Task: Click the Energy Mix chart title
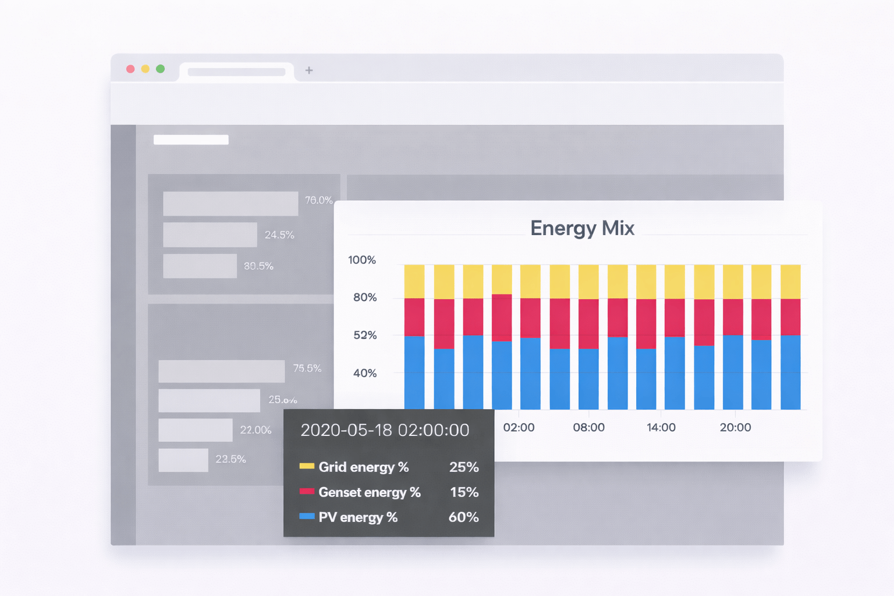pos(582,228)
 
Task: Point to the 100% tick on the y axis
pos(362,260)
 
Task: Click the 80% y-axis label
pos(365,297)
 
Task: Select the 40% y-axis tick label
pos(365,373)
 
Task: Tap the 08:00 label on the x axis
pos(588,427)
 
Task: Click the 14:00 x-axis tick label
pos(661,427)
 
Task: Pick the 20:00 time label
pos(735,427)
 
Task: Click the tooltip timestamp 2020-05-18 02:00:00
pos(385,430)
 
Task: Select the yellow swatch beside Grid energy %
pos(307,466)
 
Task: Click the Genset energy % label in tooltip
pos(370,492)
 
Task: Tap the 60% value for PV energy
pos(463,517)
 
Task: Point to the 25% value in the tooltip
pos(464,467)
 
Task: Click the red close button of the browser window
pos(130,69)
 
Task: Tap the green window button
pos(160,69)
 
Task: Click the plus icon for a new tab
pos(309,70)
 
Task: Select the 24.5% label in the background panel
pos(279,235)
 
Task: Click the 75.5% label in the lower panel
pos(307,368)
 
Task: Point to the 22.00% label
pos(256,430)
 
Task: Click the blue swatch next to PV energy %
pos(307,516)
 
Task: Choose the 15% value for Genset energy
pos(464,492)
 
